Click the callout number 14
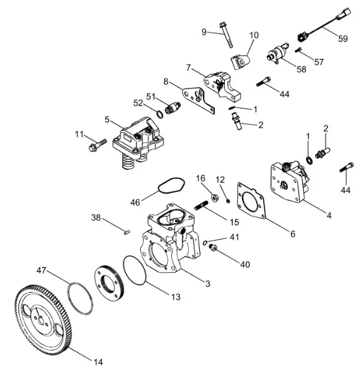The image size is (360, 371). (98, 362)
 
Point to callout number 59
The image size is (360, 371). (343, 38)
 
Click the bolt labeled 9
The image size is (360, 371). (226, 35)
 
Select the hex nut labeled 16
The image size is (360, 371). (214, 197)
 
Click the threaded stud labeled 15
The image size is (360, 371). (201, 205)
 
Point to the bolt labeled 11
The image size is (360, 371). (97, 145)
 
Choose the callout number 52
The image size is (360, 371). (138, 103)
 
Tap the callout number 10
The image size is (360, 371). (254, 35)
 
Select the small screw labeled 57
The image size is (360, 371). (298, 50)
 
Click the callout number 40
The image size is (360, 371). (245, 264)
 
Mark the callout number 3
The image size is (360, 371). (207, 284)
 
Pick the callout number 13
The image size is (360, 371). (176, 297)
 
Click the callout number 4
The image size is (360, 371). (329, 215)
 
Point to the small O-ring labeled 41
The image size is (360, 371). (205, 243)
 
